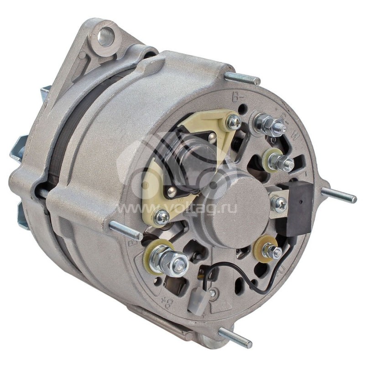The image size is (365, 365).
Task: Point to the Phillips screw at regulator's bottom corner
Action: click(x=162, y=217)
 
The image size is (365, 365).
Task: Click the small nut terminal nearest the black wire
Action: click(x=272, y=250)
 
